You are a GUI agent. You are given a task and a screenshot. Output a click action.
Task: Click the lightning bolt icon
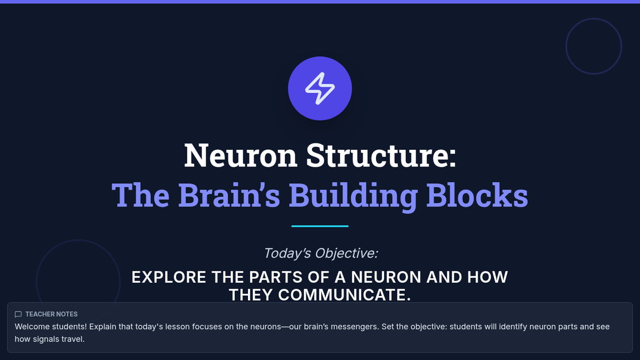(x=320, y=88)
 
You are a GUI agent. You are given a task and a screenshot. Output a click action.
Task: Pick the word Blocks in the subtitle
(x=477, y=195)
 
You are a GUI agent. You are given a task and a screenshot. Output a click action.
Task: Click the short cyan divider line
(x=320, y=226)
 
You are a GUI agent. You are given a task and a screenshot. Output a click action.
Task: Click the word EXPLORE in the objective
(x=169, y=277)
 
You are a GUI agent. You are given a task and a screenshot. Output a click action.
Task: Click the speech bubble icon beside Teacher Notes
(x=18, y=314)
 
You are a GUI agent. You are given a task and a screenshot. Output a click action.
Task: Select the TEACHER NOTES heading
(x=51, y=314)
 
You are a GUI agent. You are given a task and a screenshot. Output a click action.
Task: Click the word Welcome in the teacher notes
(x=32, y=326)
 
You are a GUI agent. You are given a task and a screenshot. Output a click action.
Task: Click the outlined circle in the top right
(x=594, y=46)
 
